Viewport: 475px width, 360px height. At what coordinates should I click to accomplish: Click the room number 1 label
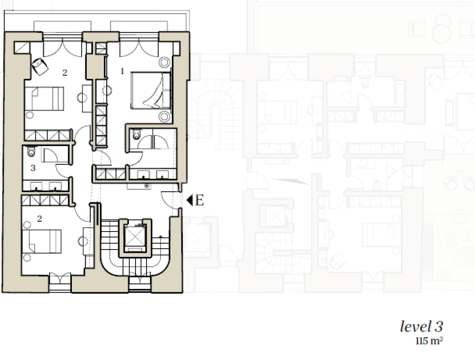point(122,71)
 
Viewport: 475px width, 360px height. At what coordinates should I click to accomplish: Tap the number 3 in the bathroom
point(33,167)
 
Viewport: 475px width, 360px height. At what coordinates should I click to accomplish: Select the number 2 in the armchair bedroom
point(64,73)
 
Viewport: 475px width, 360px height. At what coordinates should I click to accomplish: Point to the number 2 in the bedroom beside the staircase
point(39,219)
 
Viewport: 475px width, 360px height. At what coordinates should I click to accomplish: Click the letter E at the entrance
point(199,200)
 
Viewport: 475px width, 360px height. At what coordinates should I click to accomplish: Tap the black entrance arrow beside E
point(190,200)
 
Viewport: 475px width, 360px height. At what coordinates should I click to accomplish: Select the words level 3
point(421,326)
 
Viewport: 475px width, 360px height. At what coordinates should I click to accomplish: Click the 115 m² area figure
point(429,341)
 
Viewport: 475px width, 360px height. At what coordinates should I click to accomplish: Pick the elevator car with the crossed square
point(135,236)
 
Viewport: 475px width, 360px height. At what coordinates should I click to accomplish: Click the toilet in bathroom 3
point(32,152)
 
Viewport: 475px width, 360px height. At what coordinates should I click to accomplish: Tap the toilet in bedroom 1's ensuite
point(137,134)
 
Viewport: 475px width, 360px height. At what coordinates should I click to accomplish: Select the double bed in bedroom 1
point(151,90)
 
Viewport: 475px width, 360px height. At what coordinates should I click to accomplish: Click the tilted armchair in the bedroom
point(40,66)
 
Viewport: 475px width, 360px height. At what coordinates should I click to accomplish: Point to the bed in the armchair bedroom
point(44,98)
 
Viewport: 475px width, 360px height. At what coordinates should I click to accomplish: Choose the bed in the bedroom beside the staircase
point(43,241)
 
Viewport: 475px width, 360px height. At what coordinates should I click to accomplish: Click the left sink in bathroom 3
point(36,186)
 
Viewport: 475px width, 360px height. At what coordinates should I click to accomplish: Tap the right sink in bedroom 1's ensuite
point(162,174)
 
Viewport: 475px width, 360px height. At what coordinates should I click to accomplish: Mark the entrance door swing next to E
point(170,199)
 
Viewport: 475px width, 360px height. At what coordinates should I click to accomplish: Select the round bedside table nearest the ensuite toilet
point(164,116)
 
